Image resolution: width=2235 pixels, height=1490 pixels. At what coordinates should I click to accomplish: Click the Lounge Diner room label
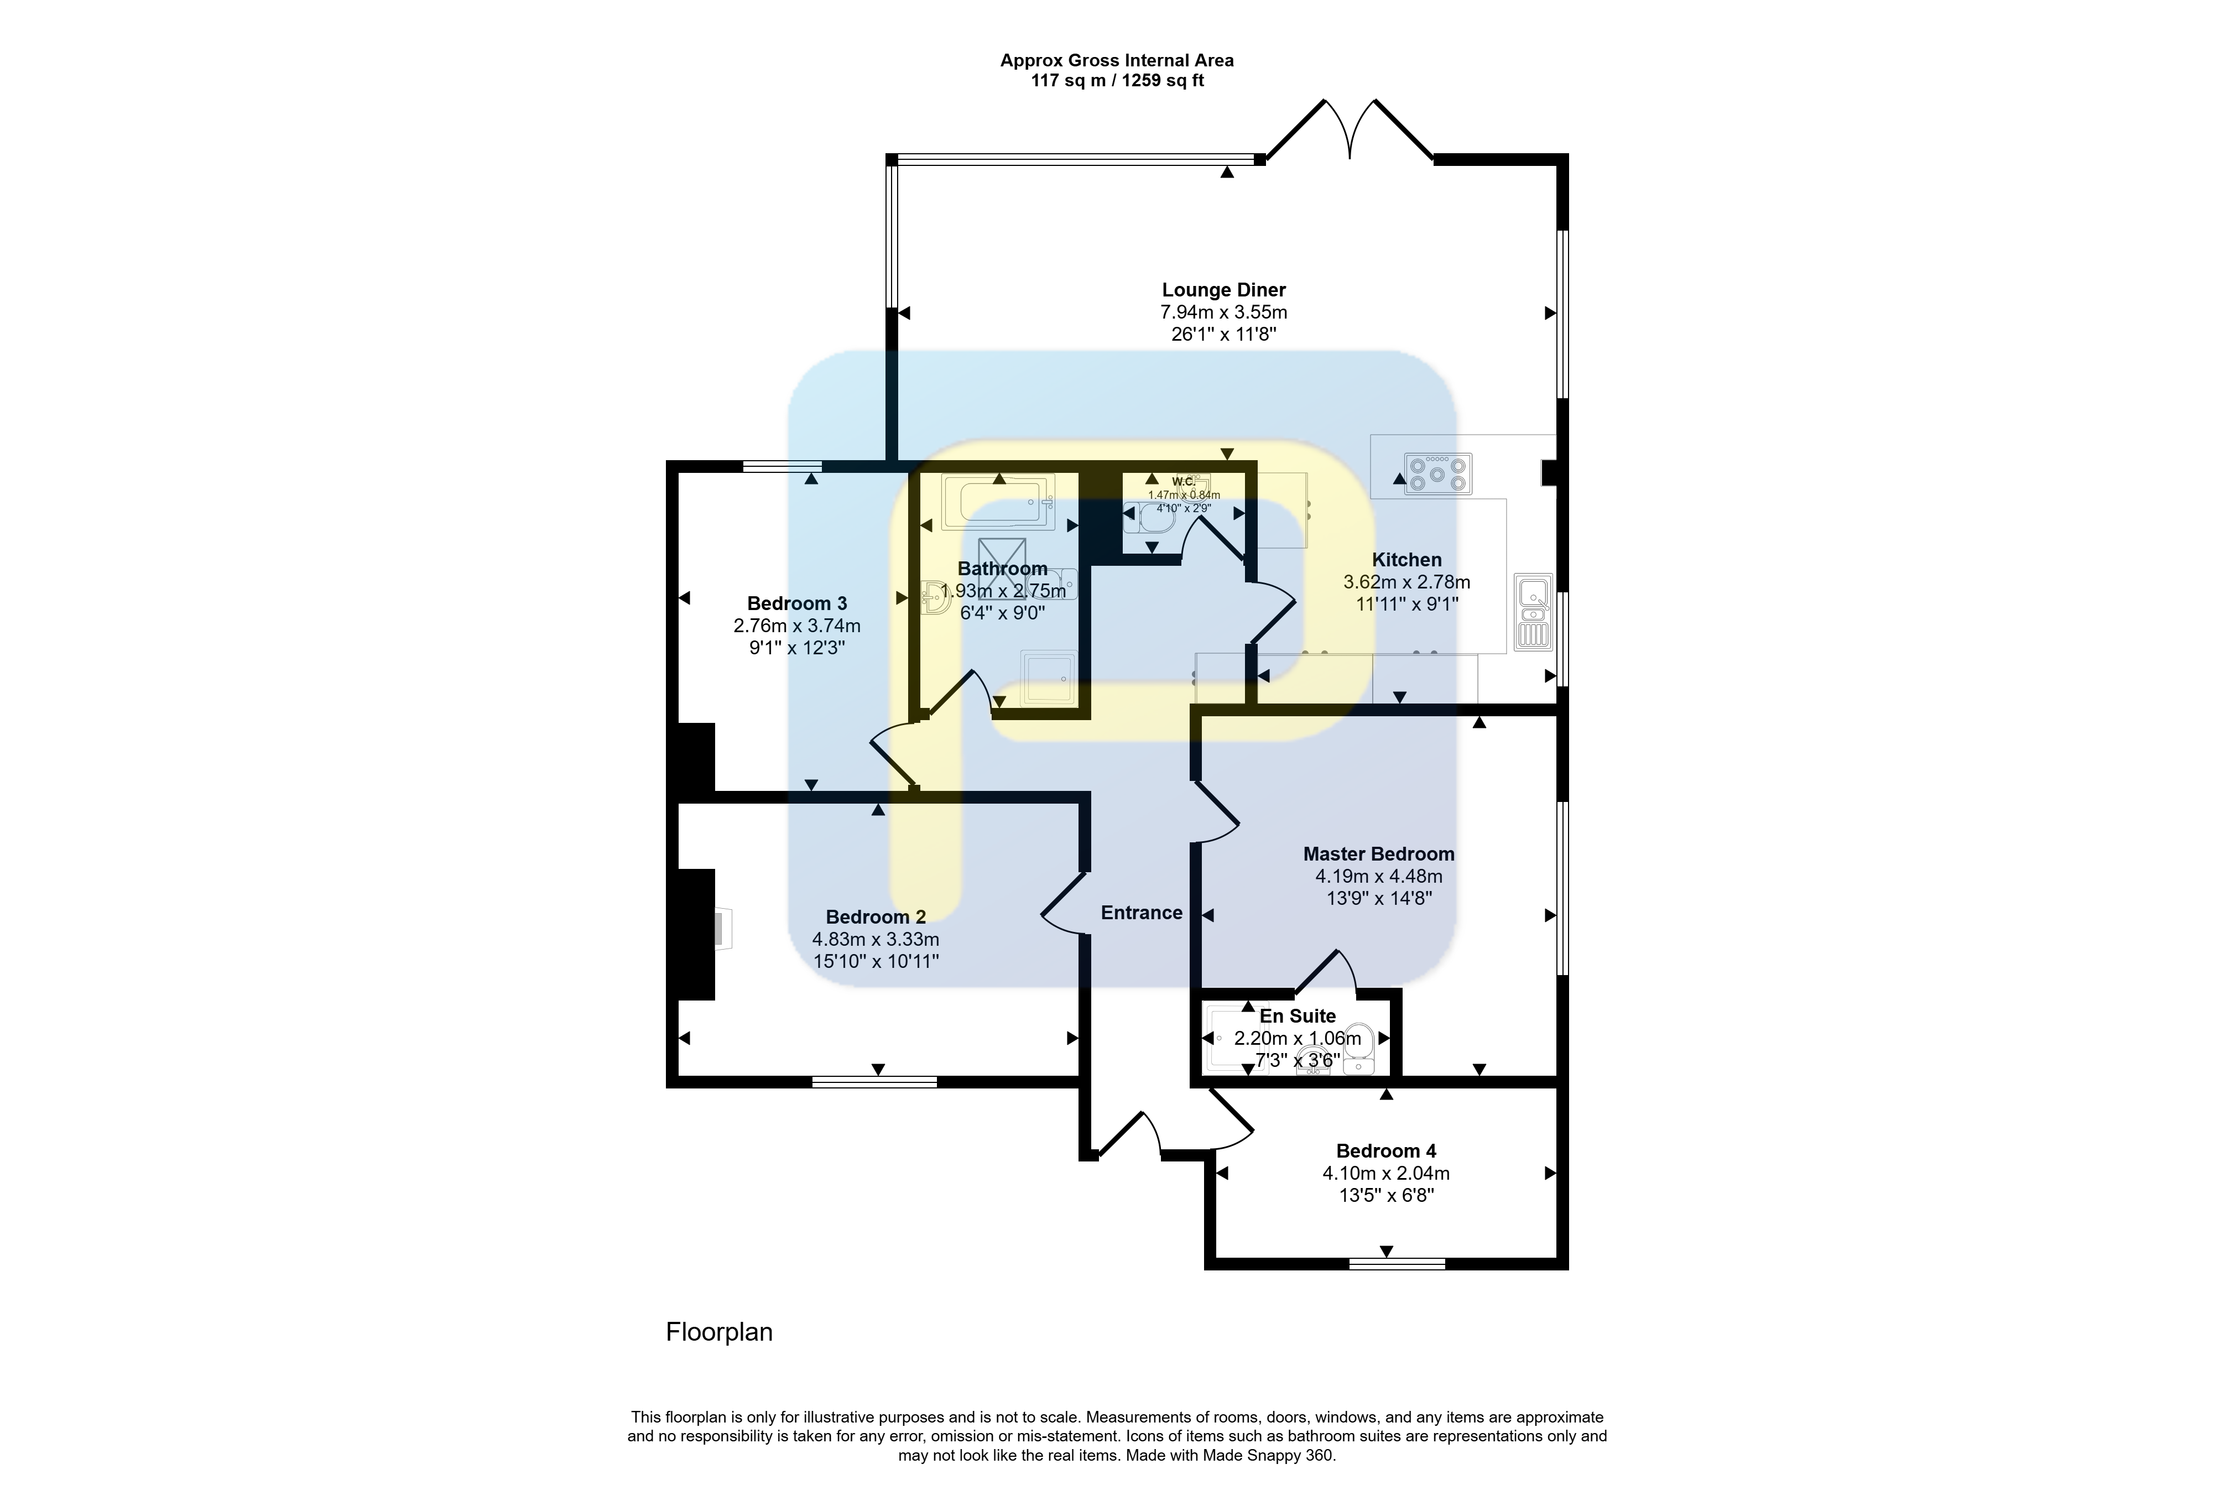(1224, 290)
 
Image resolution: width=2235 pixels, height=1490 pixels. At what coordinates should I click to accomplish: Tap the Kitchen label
(1406, 560)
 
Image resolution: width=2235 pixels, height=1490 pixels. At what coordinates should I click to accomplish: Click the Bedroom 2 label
(875, 917)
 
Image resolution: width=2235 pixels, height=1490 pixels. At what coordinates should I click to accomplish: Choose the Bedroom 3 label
(796, 603)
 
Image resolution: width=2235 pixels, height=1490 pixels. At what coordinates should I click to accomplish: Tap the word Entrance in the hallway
(1141, 912)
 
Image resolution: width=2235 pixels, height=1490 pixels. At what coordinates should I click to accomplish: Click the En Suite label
(1297, 1016)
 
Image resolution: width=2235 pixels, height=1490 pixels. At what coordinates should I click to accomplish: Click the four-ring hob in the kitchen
(1438, 473)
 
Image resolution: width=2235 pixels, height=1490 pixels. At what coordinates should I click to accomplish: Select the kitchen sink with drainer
(1533, 612)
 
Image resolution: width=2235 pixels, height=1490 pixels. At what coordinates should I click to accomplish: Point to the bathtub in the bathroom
(998, 502)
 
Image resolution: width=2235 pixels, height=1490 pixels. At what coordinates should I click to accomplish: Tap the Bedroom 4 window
(1397, 1264)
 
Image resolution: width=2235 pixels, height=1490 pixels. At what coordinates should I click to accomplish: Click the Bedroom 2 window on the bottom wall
(874, 1081)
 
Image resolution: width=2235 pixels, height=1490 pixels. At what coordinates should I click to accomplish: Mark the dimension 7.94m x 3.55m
(1224, 312)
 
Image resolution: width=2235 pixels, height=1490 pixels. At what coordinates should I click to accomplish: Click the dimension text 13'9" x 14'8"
(1379, 898)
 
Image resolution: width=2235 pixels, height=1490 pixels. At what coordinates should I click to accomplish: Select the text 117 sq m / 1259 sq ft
(1117, 81)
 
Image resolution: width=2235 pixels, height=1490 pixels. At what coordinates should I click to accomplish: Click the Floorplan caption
(720, 1332)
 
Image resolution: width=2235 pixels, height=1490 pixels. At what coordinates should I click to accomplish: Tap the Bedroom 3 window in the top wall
(782, 466)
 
